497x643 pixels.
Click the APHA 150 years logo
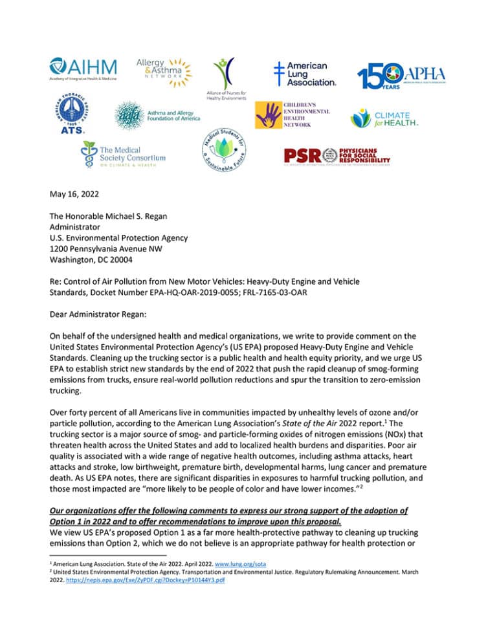point(401,75)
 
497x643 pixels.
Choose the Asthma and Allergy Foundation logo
point(157,115)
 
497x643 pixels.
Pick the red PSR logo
point(337,155)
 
